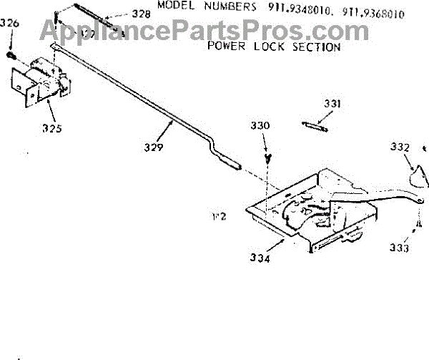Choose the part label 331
(332, 104)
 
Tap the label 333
(400, 248)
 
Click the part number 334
(260, 258)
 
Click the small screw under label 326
(12, 54)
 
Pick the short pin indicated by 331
(315, 126)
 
